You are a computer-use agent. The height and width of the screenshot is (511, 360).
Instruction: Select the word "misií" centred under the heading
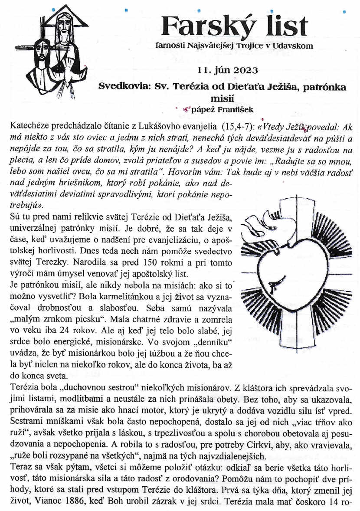(x=222, y=98)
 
